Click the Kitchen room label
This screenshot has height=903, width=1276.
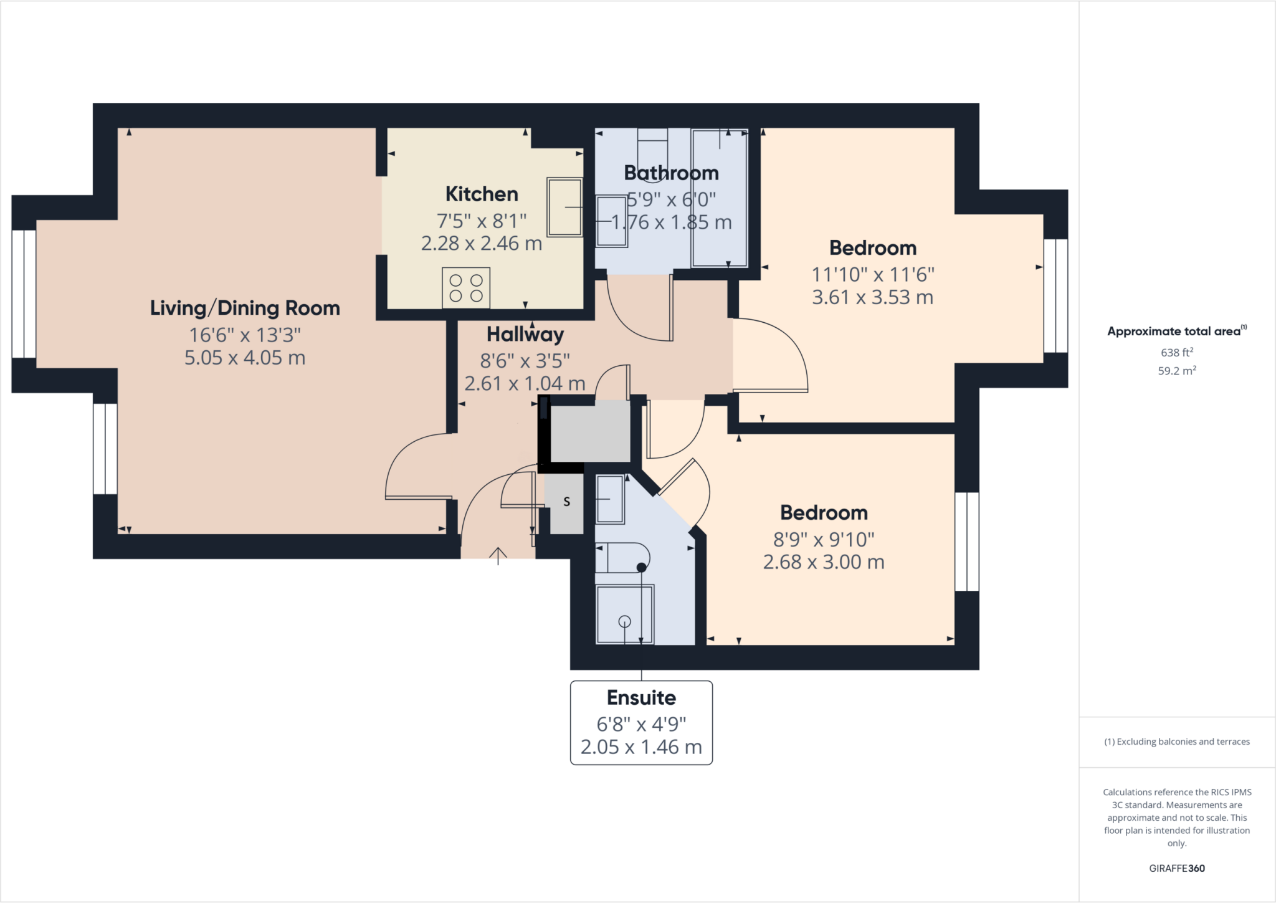click(x=481, y=194)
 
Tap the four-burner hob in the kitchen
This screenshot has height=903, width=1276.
click(x=466, y=288)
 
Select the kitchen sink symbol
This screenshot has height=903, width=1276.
click(x=564, y=207)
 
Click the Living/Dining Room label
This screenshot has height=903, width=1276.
click(x=245, y=308)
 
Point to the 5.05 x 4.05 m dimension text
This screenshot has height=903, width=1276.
click(x=245, y=358)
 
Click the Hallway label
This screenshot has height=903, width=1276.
click(x=525, y=335)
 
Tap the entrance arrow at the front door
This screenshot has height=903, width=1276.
click(x=498, y=555)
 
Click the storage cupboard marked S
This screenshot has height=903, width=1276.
click(x=566, y=502)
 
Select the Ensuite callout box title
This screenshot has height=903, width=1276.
click(x=641, y=697)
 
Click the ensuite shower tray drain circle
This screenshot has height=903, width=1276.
click(x=624, y=621)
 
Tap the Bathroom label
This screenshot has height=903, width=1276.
click(x=671, y=173)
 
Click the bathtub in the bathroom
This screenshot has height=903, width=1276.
click(x=719, y=197)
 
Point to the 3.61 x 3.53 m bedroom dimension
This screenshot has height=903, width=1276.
click(x=872, y=297)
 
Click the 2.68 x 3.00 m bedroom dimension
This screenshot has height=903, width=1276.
click(x=824, y=562)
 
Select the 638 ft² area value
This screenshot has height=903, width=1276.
click(x=1176, y=352)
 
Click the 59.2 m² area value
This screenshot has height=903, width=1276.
click(x=1176, y=371)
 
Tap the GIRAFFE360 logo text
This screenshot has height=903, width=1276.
click(x=1176, y=868)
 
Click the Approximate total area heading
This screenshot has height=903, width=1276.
click(x=1176, y=331)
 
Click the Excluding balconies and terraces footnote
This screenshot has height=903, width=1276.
click(x=1176, y=742)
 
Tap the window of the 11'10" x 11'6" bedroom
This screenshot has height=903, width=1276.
click(x=1055, y=296)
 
